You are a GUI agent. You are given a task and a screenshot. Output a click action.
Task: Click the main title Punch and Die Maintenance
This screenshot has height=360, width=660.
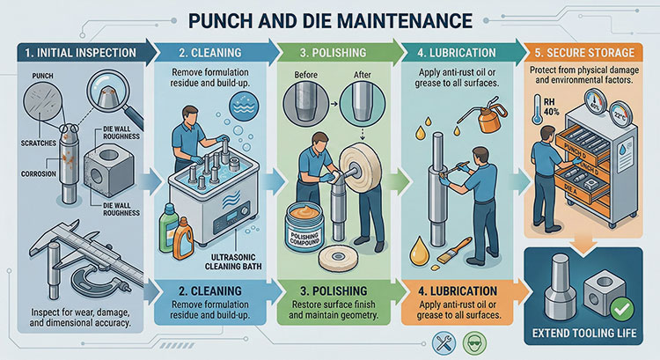329,18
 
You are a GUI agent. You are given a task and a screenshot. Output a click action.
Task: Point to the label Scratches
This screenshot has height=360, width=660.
36,143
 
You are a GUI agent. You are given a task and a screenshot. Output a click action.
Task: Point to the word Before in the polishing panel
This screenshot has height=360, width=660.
305,76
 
